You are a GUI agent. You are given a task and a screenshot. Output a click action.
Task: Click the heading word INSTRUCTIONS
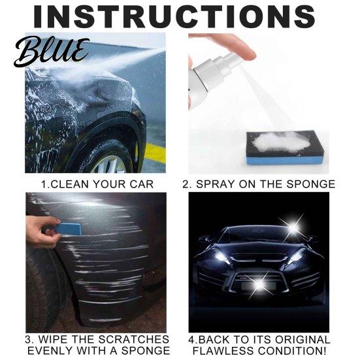tap(174, 16)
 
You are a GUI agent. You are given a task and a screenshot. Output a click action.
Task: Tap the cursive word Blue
tap(52, 52)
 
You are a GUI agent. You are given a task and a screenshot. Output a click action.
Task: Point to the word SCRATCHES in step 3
tap(134, 340)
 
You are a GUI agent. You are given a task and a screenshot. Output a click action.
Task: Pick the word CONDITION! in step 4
tap(292, 351)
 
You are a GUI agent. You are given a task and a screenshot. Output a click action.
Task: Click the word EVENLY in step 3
tap(50, 351)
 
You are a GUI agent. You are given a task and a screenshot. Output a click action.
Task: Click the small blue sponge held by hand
tap(69, 228)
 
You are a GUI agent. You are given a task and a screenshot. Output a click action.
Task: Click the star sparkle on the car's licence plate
tap(260, 284)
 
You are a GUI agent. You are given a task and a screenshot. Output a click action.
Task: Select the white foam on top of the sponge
tap(281, 142)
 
